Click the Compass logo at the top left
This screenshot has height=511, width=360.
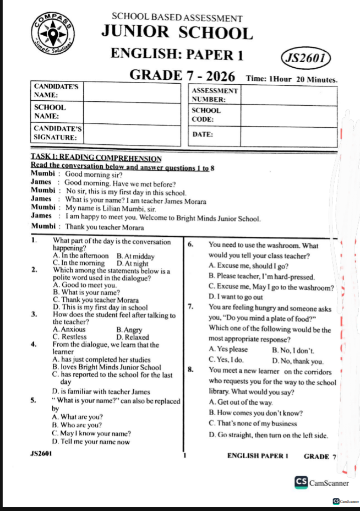53,34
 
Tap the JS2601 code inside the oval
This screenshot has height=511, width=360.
305,57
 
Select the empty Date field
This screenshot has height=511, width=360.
289,135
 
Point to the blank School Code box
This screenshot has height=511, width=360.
289,115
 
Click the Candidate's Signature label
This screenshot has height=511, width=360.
56,132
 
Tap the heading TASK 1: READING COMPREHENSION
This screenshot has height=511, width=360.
96,158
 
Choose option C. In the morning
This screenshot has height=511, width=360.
78,263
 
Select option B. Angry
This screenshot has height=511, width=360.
129,330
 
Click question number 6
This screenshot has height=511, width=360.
190,244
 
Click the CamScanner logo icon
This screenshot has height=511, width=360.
301,482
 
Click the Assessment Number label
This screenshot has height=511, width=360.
215,95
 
